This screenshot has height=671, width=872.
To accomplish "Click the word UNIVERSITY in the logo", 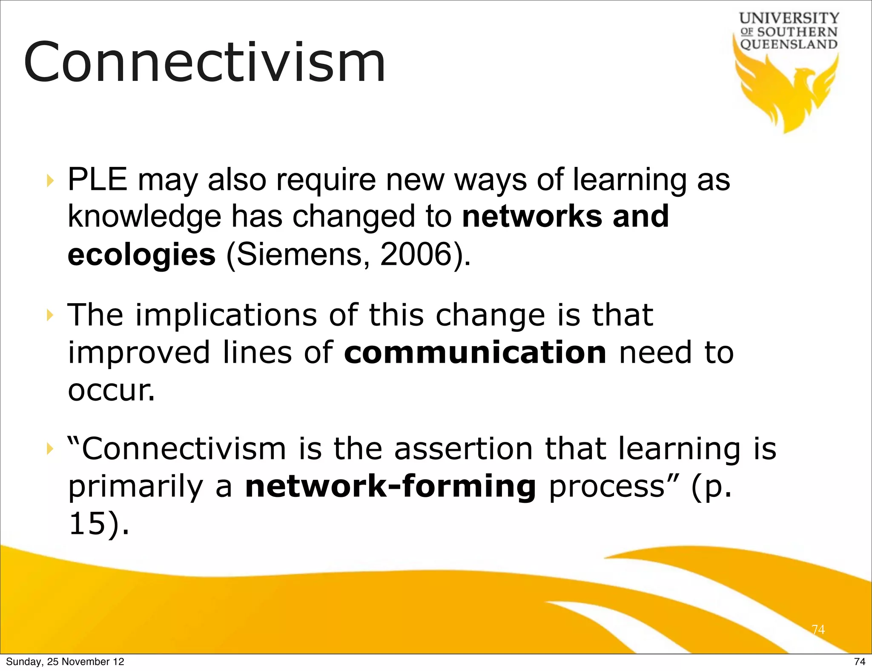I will pos(789,18).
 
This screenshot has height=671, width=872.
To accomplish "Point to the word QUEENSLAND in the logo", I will pos(789,44).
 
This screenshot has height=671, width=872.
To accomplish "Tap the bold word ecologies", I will pos(141,255).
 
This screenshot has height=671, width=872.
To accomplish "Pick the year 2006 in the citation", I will pos(415,255).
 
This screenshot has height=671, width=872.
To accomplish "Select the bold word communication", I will pos(475,353).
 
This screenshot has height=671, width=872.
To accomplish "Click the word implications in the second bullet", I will pos(226,315).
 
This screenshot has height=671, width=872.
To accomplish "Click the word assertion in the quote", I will pos(463,449).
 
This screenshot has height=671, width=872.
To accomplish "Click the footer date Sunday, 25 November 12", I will pos(65,662).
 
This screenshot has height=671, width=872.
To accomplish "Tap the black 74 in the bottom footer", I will pos(860,662).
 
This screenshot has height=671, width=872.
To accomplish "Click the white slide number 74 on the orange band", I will pos(818,629).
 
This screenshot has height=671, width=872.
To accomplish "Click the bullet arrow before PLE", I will pos(50,181).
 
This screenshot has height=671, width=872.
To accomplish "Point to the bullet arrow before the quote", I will pos(50,449).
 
